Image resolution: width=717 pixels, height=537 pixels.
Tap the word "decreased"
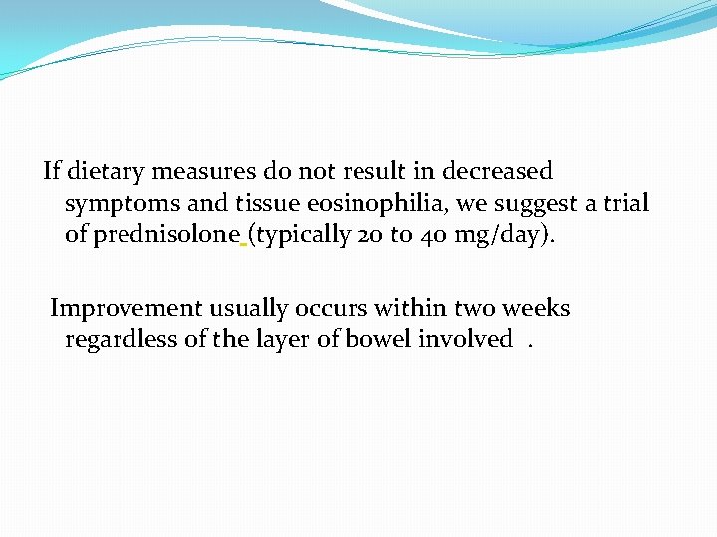point(497,172)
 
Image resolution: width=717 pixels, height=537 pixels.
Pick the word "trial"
point(624,204)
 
